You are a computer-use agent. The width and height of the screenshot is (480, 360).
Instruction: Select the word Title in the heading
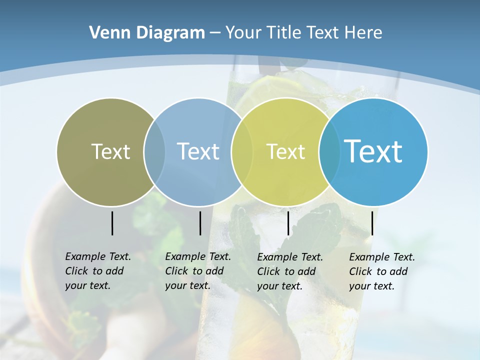[284, 32]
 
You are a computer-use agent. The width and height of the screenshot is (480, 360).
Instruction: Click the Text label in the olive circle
[110, 151]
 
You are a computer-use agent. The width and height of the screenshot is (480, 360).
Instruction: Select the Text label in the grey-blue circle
[198, 151]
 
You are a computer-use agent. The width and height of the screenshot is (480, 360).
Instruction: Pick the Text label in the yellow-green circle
[285, 151]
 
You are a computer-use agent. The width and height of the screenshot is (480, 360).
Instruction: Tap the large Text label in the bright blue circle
[373, 151]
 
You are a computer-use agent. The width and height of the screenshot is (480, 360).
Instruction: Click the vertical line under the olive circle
[112, 223]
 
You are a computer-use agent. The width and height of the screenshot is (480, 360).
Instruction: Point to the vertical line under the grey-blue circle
[200, 223]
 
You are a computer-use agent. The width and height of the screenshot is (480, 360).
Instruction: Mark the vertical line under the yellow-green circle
[288, 223]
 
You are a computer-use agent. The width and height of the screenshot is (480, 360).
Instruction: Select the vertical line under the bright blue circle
[372, 223]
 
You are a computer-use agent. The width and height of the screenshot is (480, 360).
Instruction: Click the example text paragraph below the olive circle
[98, 271]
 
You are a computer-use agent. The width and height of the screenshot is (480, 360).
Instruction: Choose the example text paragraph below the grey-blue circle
[198, 271]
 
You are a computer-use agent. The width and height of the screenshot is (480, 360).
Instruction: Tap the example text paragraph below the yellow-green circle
[290, 271]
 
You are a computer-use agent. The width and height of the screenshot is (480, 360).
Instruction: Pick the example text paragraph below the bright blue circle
[382, 271]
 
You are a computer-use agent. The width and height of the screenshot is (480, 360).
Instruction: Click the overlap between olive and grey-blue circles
[154, 151]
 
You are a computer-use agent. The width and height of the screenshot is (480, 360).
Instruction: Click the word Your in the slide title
[243, 32]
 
